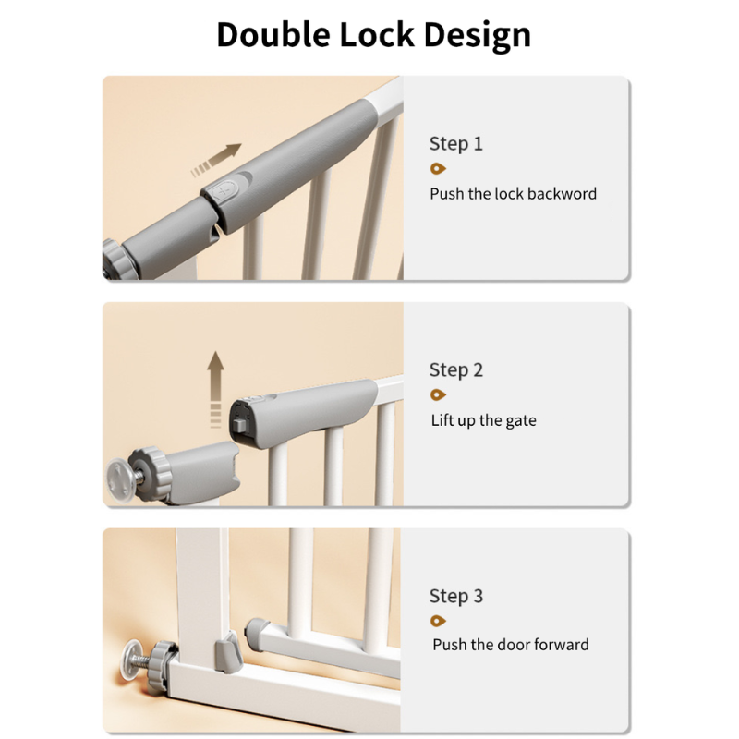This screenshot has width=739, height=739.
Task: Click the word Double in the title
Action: click(273, 34)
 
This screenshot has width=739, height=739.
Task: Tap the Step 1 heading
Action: click(455, 143)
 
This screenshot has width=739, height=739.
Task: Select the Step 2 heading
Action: click(455, 370)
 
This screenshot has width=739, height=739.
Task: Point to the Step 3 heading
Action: click(455, 596)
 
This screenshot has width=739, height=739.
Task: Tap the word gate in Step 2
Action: click(521, 420)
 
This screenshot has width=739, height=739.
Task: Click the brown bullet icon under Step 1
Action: click(438, 168)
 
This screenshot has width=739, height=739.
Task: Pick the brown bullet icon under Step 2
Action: click(438, 394)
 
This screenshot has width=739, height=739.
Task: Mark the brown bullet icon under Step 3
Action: click(438, 621)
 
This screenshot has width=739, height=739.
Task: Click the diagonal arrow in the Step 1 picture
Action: click(216, 160)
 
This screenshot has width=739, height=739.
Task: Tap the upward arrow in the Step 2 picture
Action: click(215, 389)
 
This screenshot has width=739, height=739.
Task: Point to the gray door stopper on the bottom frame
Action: click(229, 652)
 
